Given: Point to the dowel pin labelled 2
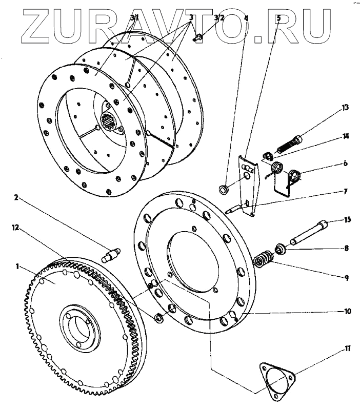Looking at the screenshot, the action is pyautogui.click(x=112, y=253).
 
